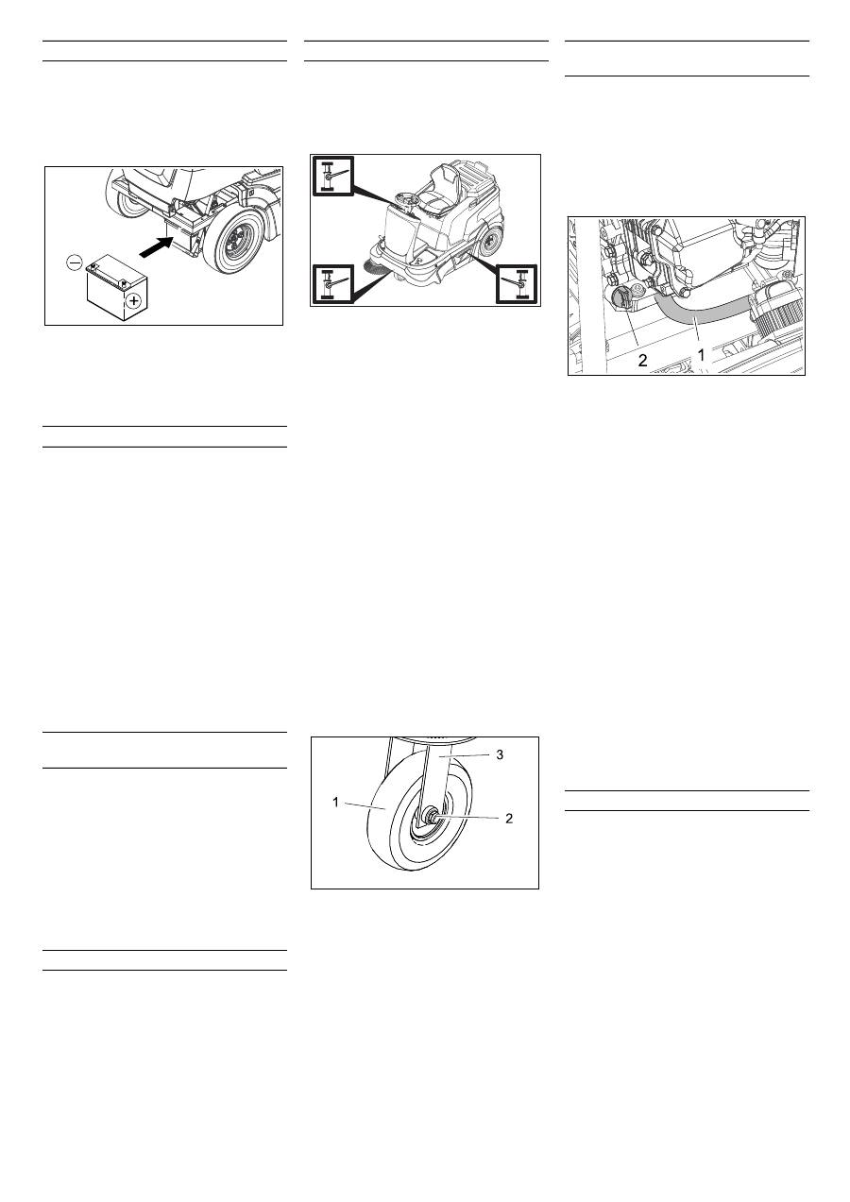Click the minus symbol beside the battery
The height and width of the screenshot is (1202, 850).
75,262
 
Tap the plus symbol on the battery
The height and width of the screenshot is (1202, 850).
133,301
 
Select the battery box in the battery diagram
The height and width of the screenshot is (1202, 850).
117,288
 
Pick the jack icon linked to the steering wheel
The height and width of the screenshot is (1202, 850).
332,175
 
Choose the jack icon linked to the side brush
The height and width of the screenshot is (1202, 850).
332,284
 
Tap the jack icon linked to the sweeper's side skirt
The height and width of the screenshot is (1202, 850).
517,284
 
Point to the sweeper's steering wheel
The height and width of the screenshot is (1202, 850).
408,198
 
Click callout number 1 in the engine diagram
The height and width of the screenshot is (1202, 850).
700,355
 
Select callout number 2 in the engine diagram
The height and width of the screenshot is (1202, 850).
642,360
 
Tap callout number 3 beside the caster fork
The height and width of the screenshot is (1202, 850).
500,754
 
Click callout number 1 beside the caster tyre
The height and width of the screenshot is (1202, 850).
335,803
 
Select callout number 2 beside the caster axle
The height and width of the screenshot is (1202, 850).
509,818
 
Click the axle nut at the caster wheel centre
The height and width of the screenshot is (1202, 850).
431,816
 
